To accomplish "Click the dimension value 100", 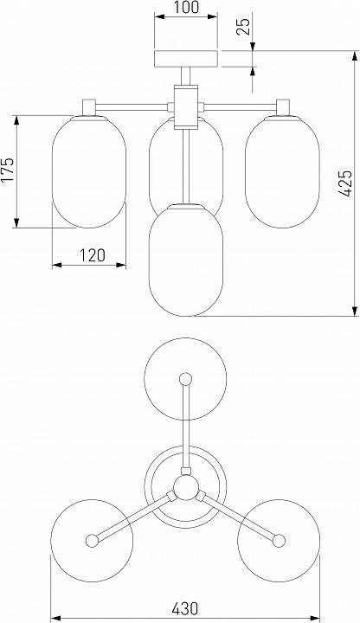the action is [x=186, y=7].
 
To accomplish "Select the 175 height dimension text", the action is [x=7, y=170].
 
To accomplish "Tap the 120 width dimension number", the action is [x=93, y=255].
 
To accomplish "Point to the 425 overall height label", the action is [x=345, y=183].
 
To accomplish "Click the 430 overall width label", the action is [x=185, y=608].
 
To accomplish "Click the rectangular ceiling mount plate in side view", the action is [x=186, y=59].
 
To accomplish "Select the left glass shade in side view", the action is [x=89, y=171].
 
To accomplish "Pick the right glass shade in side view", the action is [x=282, y=171].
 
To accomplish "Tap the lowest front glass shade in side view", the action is [x=186, y=260].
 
